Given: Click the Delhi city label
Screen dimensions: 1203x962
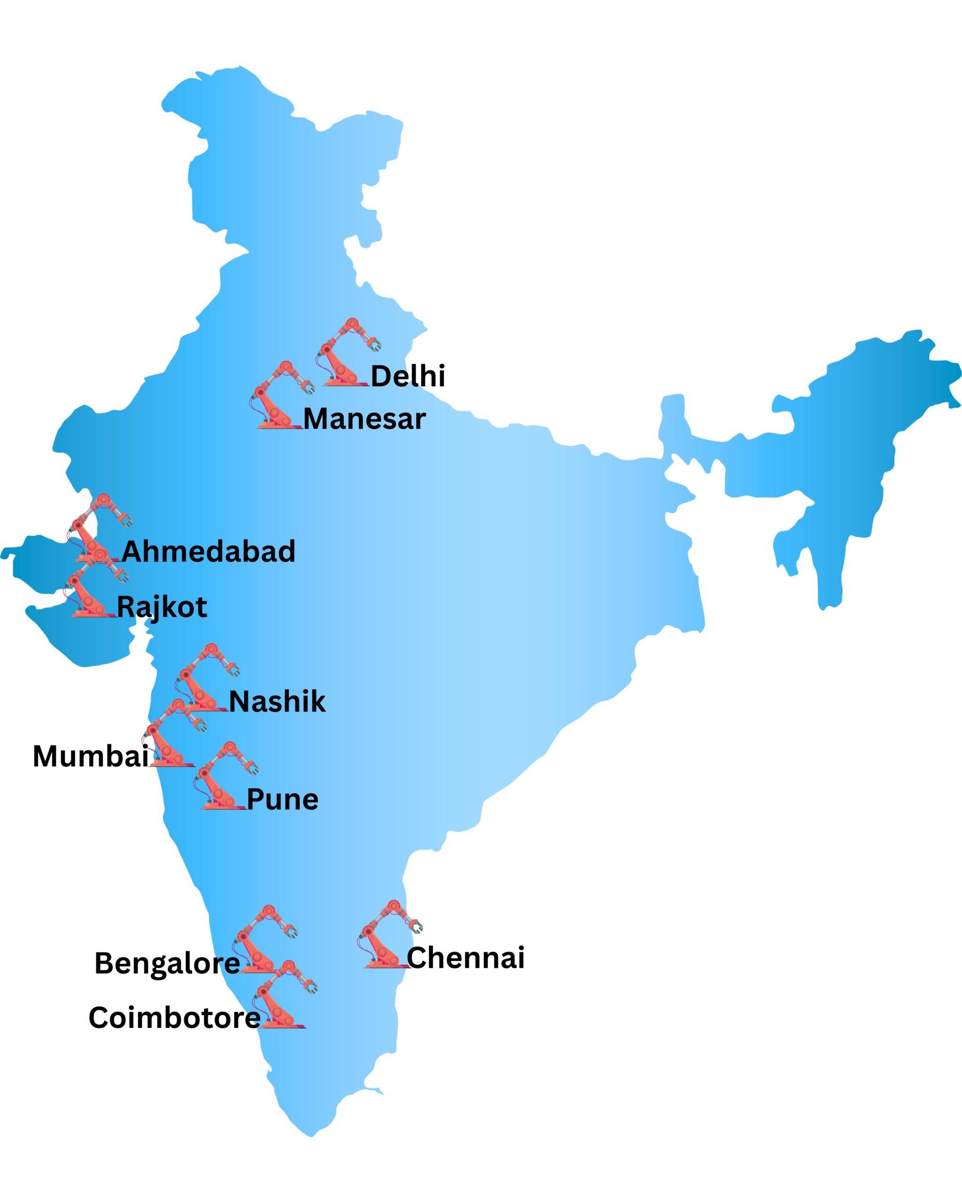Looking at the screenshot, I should pos(408,376).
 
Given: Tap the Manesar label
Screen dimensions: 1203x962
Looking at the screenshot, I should pos(364,419).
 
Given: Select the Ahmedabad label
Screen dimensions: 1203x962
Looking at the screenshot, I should pos(209,552).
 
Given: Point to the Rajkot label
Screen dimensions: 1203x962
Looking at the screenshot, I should pos(162,607).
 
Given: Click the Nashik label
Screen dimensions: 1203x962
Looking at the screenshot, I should pos(277,702).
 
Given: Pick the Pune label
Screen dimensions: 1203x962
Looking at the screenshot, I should pos(282,800).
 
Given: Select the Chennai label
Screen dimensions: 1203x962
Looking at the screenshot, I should pos(465,958).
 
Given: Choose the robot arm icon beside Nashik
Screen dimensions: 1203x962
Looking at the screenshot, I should pos(205,678).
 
